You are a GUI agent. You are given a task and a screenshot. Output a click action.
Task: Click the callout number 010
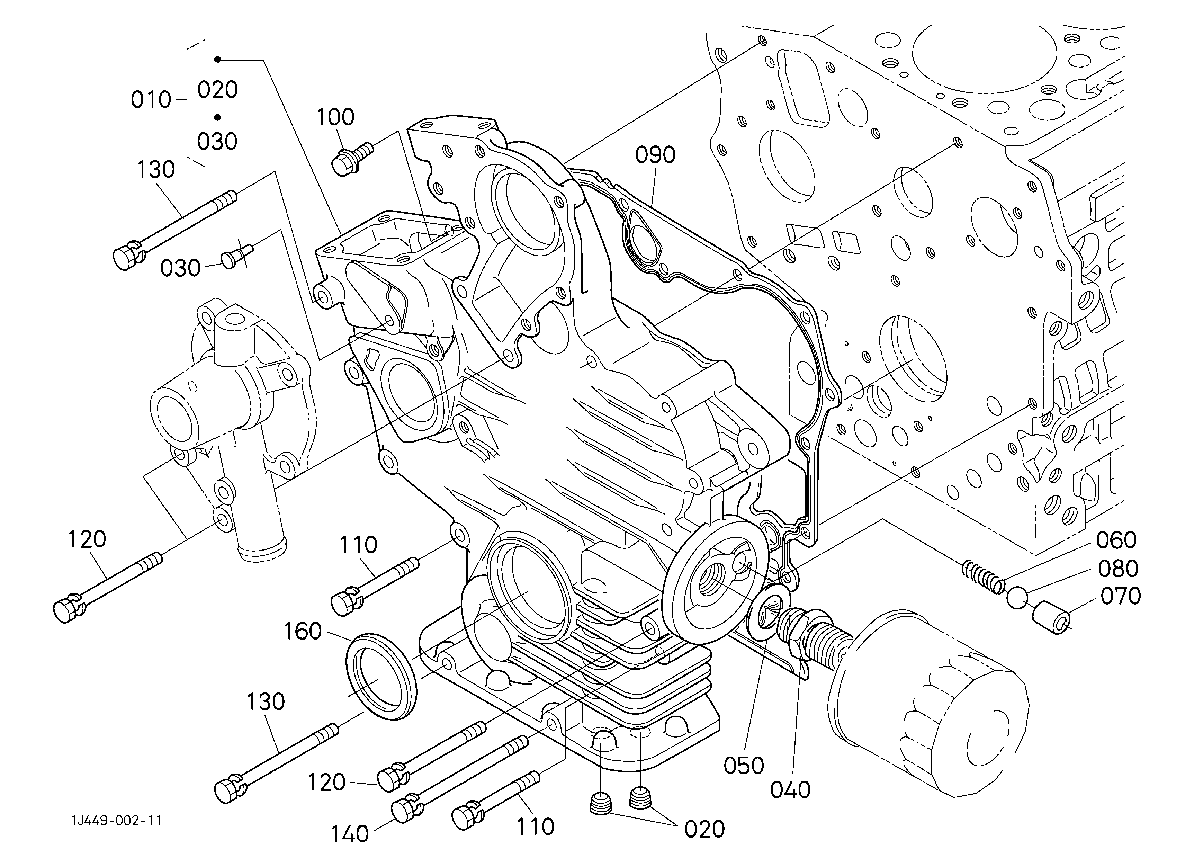(x=151, y=99)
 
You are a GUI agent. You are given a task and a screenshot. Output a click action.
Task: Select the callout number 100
(x=335, y=117)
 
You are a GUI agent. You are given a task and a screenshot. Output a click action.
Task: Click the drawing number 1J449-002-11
(x=117, y=821)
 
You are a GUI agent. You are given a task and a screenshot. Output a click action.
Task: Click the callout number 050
(x=743, y=766)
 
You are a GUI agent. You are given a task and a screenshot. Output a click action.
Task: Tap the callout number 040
(x=790, y=790)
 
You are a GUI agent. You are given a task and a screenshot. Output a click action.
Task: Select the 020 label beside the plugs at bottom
(x=704, y=830)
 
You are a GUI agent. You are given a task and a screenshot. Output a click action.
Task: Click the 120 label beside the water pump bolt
(x=87, y=539)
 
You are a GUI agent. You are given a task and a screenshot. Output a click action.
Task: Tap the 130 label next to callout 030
(x=156, y=170)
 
